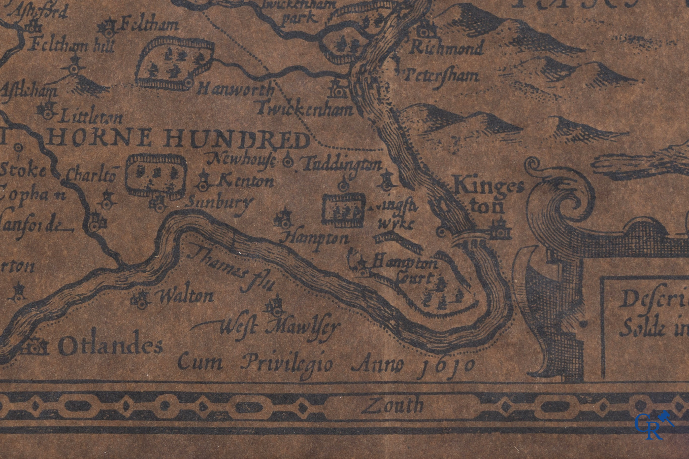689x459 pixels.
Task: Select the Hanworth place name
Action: tap(236, 90)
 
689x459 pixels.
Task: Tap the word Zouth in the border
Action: tap(392, 405)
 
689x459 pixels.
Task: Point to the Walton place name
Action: tap(186, 296)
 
